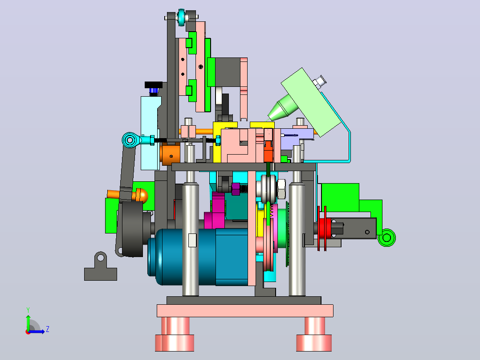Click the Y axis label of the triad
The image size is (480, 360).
[28, 310]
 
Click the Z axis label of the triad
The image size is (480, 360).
[48, 329]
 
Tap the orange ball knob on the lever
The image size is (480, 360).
[141, 196]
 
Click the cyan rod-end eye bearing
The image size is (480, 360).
[130, 140]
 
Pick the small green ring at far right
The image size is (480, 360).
[386, 237]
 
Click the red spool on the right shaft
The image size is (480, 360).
[323, 228]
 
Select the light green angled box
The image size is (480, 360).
[311, 102]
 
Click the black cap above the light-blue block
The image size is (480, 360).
[154, 85]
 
